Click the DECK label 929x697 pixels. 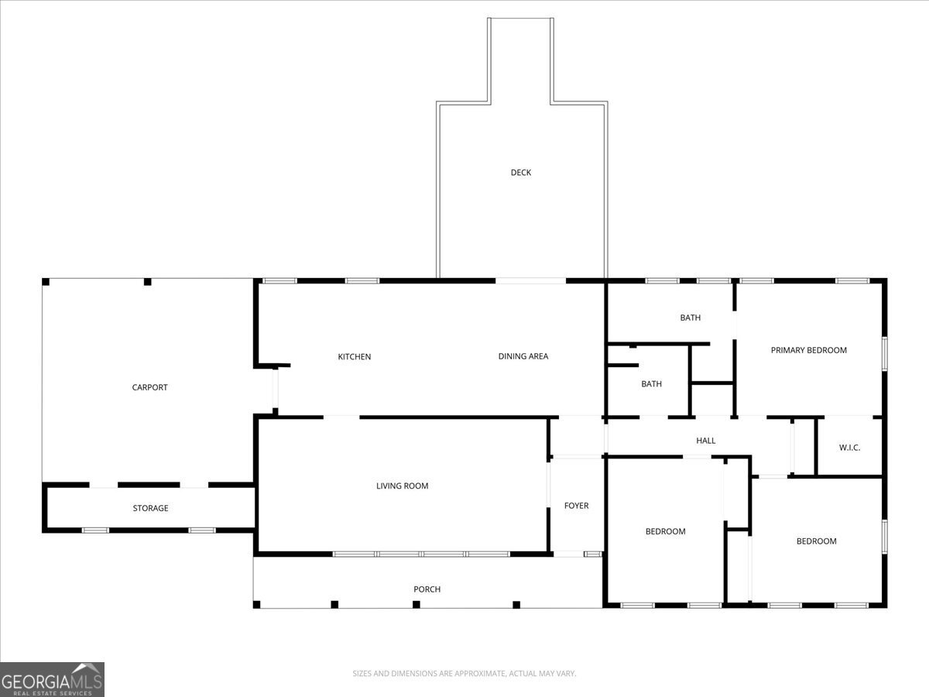click(x=521, y=173)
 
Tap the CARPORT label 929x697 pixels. click(x=149, y=387)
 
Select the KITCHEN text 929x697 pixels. click(x=354, y=357)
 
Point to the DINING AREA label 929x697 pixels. click(x=523, y=356)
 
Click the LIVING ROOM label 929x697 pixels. click(x=402, y=486)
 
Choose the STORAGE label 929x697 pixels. click(x=150, y=508)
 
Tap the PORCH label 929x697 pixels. click(x=427, y=589)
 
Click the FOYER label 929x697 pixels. click(x=576, y=506)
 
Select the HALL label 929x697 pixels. click(x=705, y=441)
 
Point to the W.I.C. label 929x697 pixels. click(x=849, y=448)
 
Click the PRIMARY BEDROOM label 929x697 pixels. click(x=808, y=350)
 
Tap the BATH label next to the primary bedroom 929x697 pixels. click(x=690, y=318)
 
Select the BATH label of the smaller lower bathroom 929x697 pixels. click(x=651, y=383)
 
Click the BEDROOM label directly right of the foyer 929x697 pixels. click(x=665, y=531)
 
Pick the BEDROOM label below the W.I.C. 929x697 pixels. click(x=816, y=541)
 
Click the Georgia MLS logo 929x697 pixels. click(x=52, y=679)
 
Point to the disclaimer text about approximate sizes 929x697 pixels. click(x=464, y=674)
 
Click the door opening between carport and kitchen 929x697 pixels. click(x=275, y=390)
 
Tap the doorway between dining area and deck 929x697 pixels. click(x=531, y=280)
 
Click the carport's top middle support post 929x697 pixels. click(x=147, y=282)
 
